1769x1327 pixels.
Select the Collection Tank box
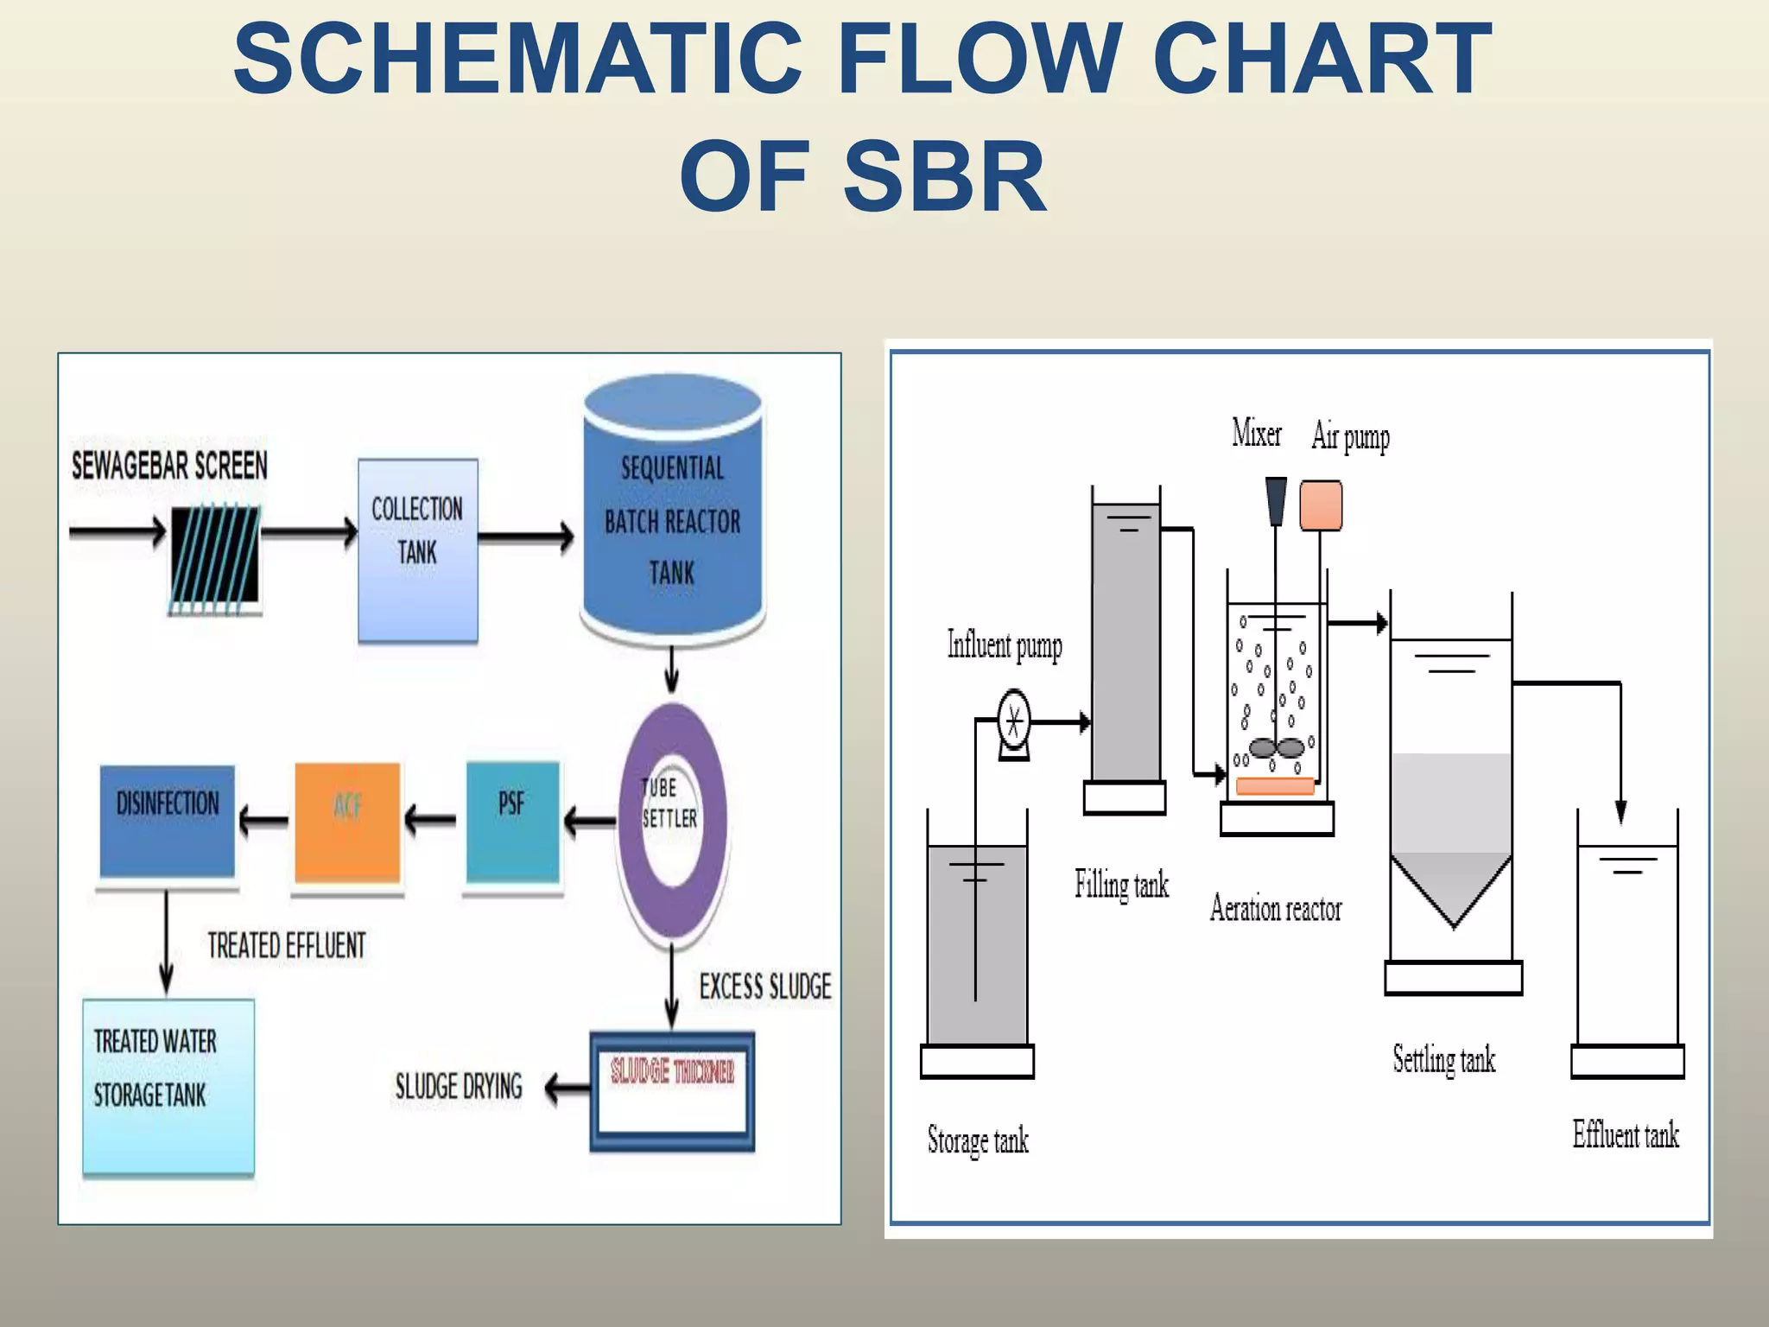[x=418, y=549]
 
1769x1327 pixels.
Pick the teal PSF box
[x=513, y=821]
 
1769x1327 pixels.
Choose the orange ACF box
[x=347, y=821]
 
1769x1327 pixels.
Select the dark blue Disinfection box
[x=168, y=821]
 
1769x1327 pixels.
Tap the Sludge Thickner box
[x=672, y=1090]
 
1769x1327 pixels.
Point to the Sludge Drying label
[x=459, y=1087]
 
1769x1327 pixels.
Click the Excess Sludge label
[x=765, y=987]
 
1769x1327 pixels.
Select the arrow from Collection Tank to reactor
[x=525, y=537]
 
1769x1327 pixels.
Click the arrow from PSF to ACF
[x=430, y=819]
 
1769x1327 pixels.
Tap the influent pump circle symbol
[x=1014, y=720]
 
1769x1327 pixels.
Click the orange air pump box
[x=1321, y=505]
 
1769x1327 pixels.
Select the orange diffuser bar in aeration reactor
[x=1275, y=786]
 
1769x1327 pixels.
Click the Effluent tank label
[x=1625, y=1135]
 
